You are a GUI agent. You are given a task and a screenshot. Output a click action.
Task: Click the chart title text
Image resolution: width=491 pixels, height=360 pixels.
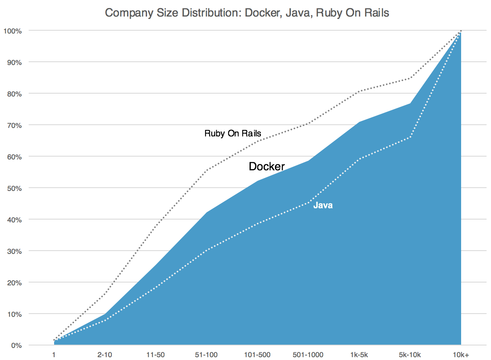247,13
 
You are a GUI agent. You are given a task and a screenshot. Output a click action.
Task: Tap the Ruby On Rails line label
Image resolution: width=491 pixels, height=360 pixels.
233,133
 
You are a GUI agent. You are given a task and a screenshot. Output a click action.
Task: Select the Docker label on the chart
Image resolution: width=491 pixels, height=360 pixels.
266,166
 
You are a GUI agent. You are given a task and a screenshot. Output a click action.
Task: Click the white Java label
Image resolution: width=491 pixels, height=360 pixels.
323,205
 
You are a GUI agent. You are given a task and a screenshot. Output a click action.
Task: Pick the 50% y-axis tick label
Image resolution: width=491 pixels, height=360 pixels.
14,188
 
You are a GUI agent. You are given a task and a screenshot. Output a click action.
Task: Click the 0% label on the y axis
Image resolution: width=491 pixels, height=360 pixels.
15,345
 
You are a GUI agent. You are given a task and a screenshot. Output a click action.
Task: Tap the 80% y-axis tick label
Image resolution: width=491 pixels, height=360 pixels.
14,94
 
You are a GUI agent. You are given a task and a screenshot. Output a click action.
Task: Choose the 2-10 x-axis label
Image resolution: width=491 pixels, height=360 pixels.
105,355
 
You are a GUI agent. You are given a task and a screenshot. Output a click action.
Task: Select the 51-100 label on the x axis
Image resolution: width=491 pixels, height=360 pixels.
206,355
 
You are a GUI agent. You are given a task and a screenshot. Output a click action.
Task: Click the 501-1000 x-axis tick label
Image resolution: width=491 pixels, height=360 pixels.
308,355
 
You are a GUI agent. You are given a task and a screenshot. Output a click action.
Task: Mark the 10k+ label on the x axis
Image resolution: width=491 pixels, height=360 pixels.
461,355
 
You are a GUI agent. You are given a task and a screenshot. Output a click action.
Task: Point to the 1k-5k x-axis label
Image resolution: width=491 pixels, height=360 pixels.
359,355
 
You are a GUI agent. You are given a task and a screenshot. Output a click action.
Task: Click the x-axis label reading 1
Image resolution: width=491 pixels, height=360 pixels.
54,355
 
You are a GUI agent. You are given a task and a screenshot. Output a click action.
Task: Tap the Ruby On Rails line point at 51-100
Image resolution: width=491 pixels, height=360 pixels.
206,170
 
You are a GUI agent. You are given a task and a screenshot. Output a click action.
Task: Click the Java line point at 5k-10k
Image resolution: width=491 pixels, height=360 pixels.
410,137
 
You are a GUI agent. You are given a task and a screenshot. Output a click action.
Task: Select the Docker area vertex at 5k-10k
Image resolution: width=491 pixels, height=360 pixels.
410,103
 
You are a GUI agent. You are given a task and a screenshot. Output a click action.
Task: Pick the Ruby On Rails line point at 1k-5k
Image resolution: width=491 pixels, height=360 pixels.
359,91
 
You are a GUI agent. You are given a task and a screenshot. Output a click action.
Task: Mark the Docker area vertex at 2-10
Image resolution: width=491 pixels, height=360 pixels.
105,314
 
